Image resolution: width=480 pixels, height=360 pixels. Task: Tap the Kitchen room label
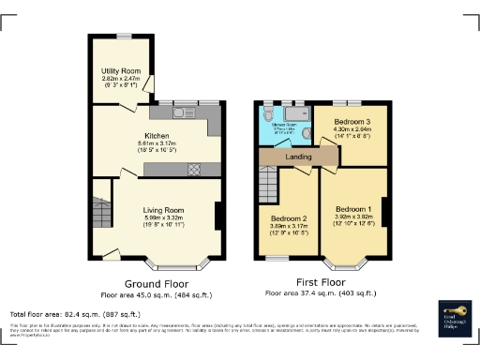(x=157, y=135)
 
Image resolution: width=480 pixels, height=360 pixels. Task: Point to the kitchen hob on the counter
(x=194, y=170)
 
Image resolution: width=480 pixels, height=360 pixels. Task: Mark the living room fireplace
(x=218, y=217)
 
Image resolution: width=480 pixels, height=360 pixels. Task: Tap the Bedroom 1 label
(x=354, y=208)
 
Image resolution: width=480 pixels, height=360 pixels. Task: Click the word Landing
(x=299, y=157)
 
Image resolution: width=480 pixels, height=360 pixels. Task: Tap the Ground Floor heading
(x=157, y=282)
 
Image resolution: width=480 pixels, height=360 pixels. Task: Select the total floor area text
(x=75, y=314)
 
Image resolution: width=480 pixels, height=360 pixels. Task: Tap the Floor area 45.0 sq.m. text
(x=157, y=292)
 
